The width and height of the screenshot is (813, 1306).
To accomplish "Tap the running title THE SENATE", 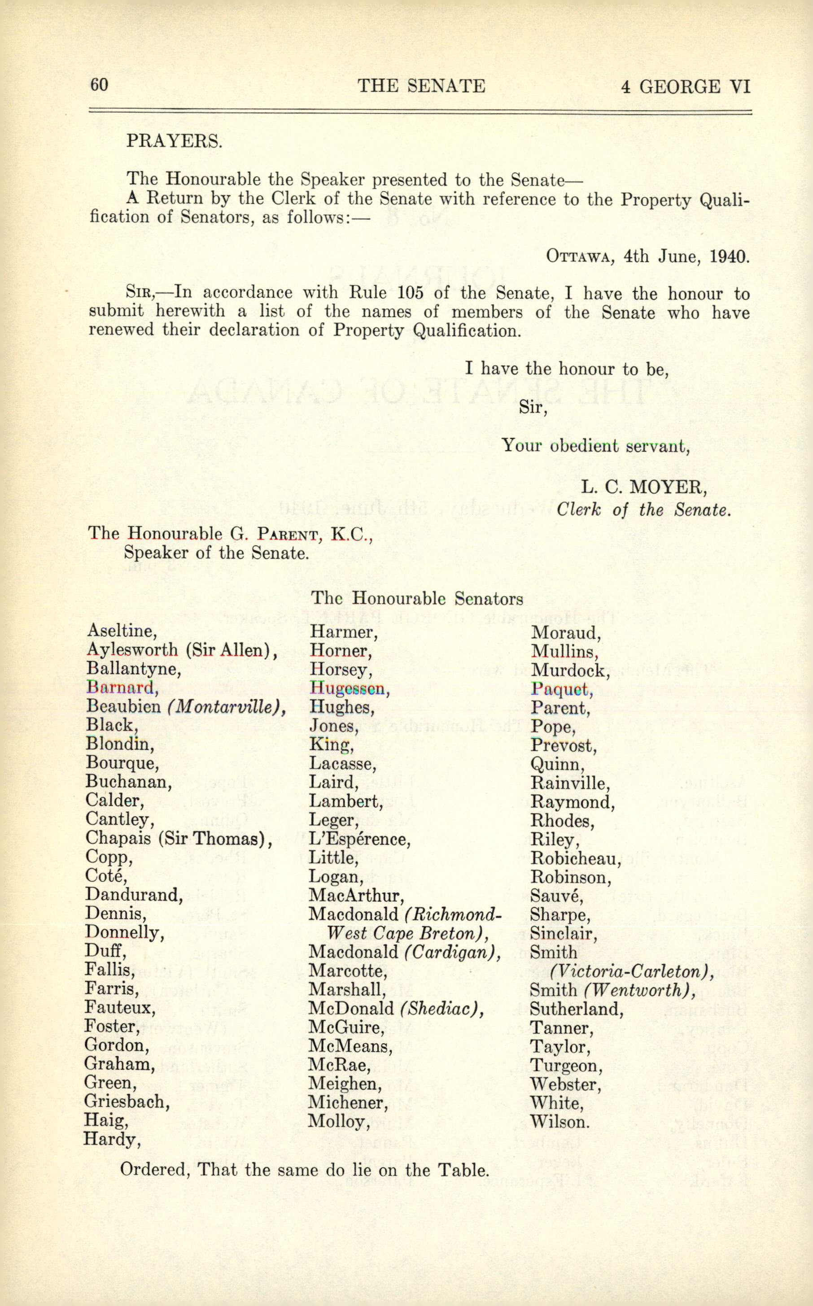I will (x=421, y=86).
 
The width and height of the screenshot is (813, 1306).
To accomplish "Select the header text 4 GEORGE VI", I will (x=685, y=87).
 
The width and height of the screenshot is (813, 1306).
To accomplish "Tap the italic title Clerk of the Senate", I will (x=643, y=509).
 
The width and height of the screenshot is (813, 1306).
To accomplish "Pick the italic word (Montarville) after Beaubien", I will (x=226, y=706).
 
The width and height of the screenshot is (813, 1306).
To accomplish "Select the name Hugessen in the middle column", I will (x=350, y=688).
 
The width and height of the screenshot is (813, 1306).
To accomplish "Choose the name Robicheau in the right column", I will (x=575, y=858).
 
